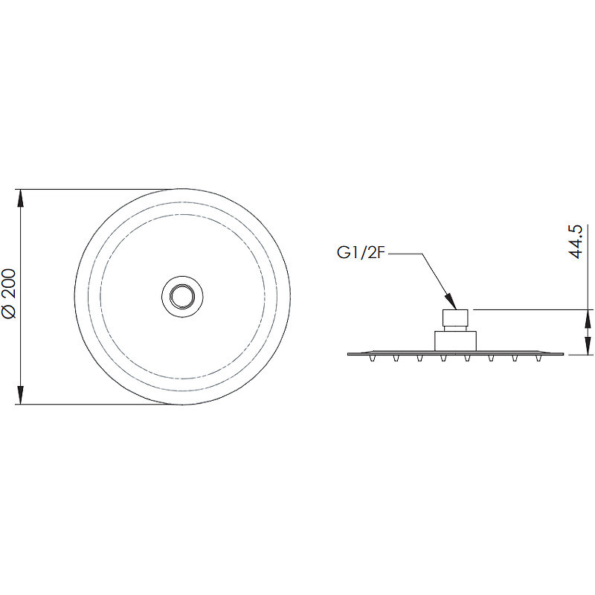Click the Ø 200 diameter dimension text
8,294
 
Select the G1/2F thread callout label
361,253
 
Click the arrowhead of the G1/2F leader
451,301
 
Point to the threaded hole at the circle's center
182,296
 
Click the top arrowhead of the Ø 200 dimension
21,199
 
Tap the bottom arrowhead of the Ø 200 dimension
21,395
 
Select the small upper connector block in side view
455,318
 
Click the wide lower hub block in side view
455,341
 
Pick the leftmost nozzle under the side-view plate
373,358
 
